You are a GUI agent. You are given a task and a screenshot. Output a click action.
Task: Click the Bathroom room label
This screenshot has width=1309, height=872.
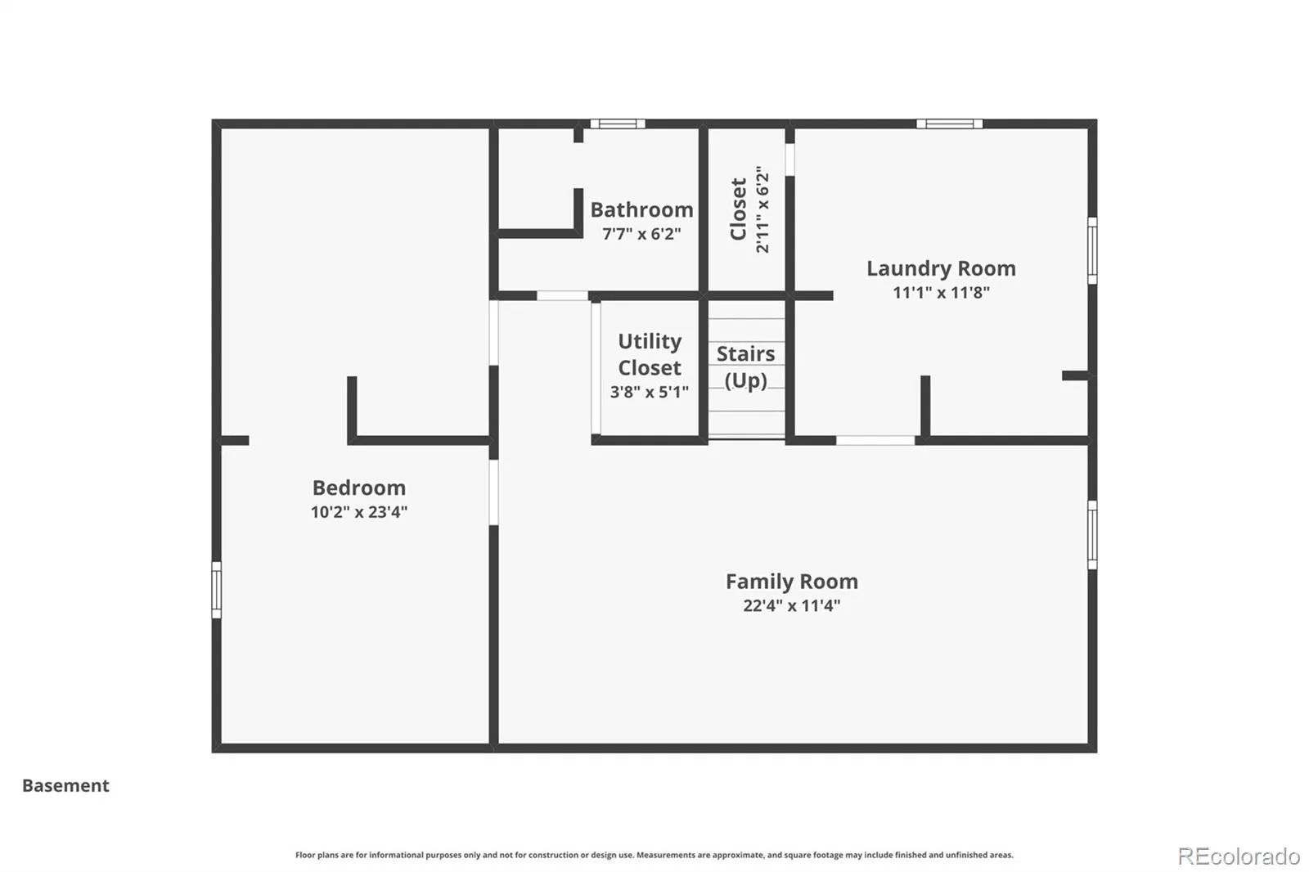coord(641,209)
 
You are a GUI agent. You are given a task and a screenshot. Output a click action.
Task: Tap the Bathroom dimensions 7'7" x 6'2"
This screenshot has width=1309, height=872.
coord(641,234)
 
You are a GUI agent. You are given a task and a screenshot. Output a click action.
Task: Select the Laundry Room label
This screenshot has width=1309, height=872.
coord(941,268)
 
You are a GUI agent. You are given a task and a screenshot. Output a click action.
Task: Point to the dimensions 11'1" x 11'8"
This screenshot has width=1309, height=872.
coord(941,292)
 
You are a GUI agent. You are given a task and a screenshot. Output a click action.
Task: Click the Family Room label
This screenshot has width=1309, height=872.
coord(792,582)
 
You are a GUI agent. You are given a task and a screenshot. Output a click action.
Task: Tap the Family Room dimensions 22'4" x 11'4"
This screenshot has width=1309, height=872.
coord(792,605)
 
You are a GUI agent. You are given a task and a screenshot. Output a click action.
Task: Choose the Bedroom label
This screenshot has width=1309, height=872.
coord(359,488)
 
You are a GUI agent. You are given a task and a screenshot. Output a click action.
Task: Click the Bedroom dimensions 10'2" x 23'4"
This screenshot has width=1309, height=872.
coord(359,512)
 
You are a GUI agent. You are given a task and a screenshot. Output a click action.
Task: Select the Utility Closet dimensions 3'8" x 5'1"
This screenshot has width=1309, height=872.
coord(650,392)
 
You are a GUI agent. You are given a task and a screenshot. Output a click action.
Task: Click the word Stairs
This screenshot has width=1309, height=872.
coord(745,353)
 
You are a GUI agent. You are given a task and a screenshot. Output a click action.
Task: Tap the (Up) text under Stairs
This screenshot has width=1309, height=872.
coord(745,380)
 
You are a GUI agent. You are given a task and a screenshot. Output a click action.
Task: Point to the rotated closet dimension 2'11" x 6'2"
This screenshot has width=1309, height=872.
coord(762,209)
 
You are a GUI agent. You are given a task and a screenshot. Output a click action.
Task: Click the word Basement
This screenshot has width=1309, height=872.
coord(65,785)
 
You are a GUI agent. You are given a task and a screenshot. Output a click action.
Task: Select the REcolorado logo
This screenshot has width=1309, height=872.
coord(1239,856)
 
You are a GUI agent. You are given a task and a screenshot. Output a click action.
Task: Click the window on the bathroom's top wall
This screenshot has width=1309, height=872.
coord(618,124)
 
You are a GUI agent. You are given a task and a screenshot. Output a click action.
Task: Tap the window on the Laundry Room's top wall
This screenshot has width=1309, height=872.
coord(950,124)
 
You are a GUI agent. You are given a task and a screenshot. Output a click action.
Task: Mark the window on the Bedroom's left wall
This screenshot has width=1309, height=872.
coord(216,590)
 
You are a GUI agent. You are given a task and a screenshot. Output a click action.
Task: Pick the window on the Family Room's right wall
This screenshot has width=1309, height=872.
coord(1092,535)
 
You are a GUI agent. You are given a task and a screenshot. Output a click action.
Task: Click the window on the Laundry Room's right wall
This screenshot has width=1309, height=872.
coord(1092,251)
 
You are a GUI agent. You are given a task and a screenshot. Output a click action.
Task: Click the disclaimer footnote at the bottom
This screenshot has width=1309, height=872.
coord(654,855)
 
